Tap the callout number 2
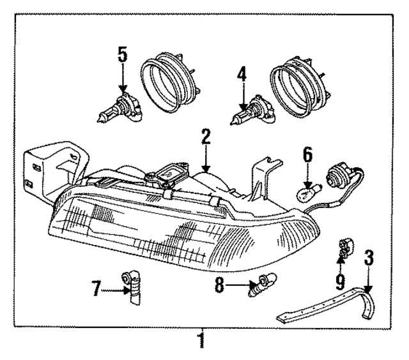[205, 135]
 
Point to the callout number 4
[241, 76]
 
